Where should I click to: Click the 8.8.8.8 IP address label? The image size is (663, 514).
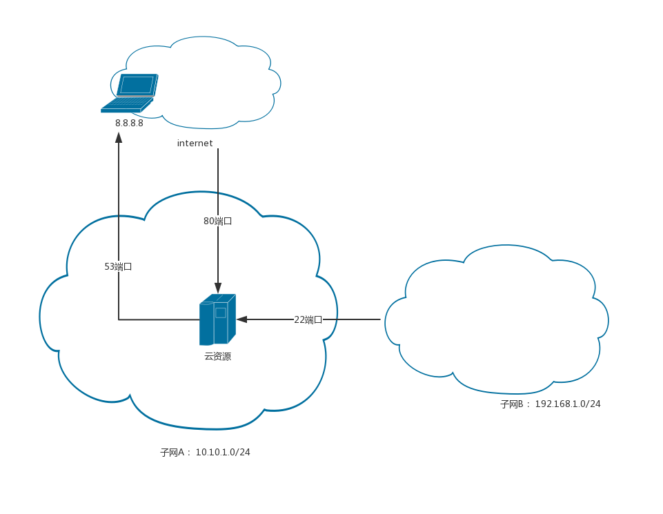tap(129, 123)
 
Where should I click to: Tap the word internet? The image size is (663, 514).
tap(195, 144)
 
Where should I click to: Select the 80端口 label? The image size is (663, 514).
tap(217, 221)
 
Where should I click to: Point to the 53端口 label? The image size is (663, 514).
tap(118, 266)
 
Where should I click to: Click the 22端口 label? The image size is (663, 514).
tap(308, 319)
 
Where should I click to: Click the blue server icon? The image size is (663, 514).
tap(217, 319)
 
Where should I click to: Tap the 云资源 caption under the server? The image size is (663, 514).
tap(217, 357)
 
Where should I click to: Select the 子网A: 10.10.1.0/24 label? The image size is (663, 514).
tap(205, 453)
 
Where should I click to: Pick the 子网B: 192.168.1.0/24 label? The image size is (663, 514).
tap(550, 404)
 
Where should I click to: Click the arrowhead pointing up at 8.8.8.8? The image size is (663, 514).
tap(119, 137)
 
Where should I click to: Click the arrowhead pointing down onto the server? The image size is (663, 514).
tap(218, 288)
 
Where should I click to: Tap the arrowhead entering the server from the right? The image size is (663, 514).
tap(241, 319)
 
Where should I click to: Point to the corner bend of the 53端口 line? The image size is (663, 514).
tap(119, 319)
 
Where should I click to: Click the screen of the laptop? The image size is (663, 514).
tap(137, 84)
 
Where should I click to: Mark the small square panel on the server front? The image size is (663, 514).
tap(221, 313)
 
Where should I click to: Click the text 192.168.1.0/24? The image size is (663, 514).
tap(568, 404)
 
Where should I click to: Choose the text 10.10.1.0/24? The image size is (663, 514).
tap(223, 453)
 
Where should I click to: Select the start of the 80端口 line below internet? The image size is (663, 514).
tap(218, 150)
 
